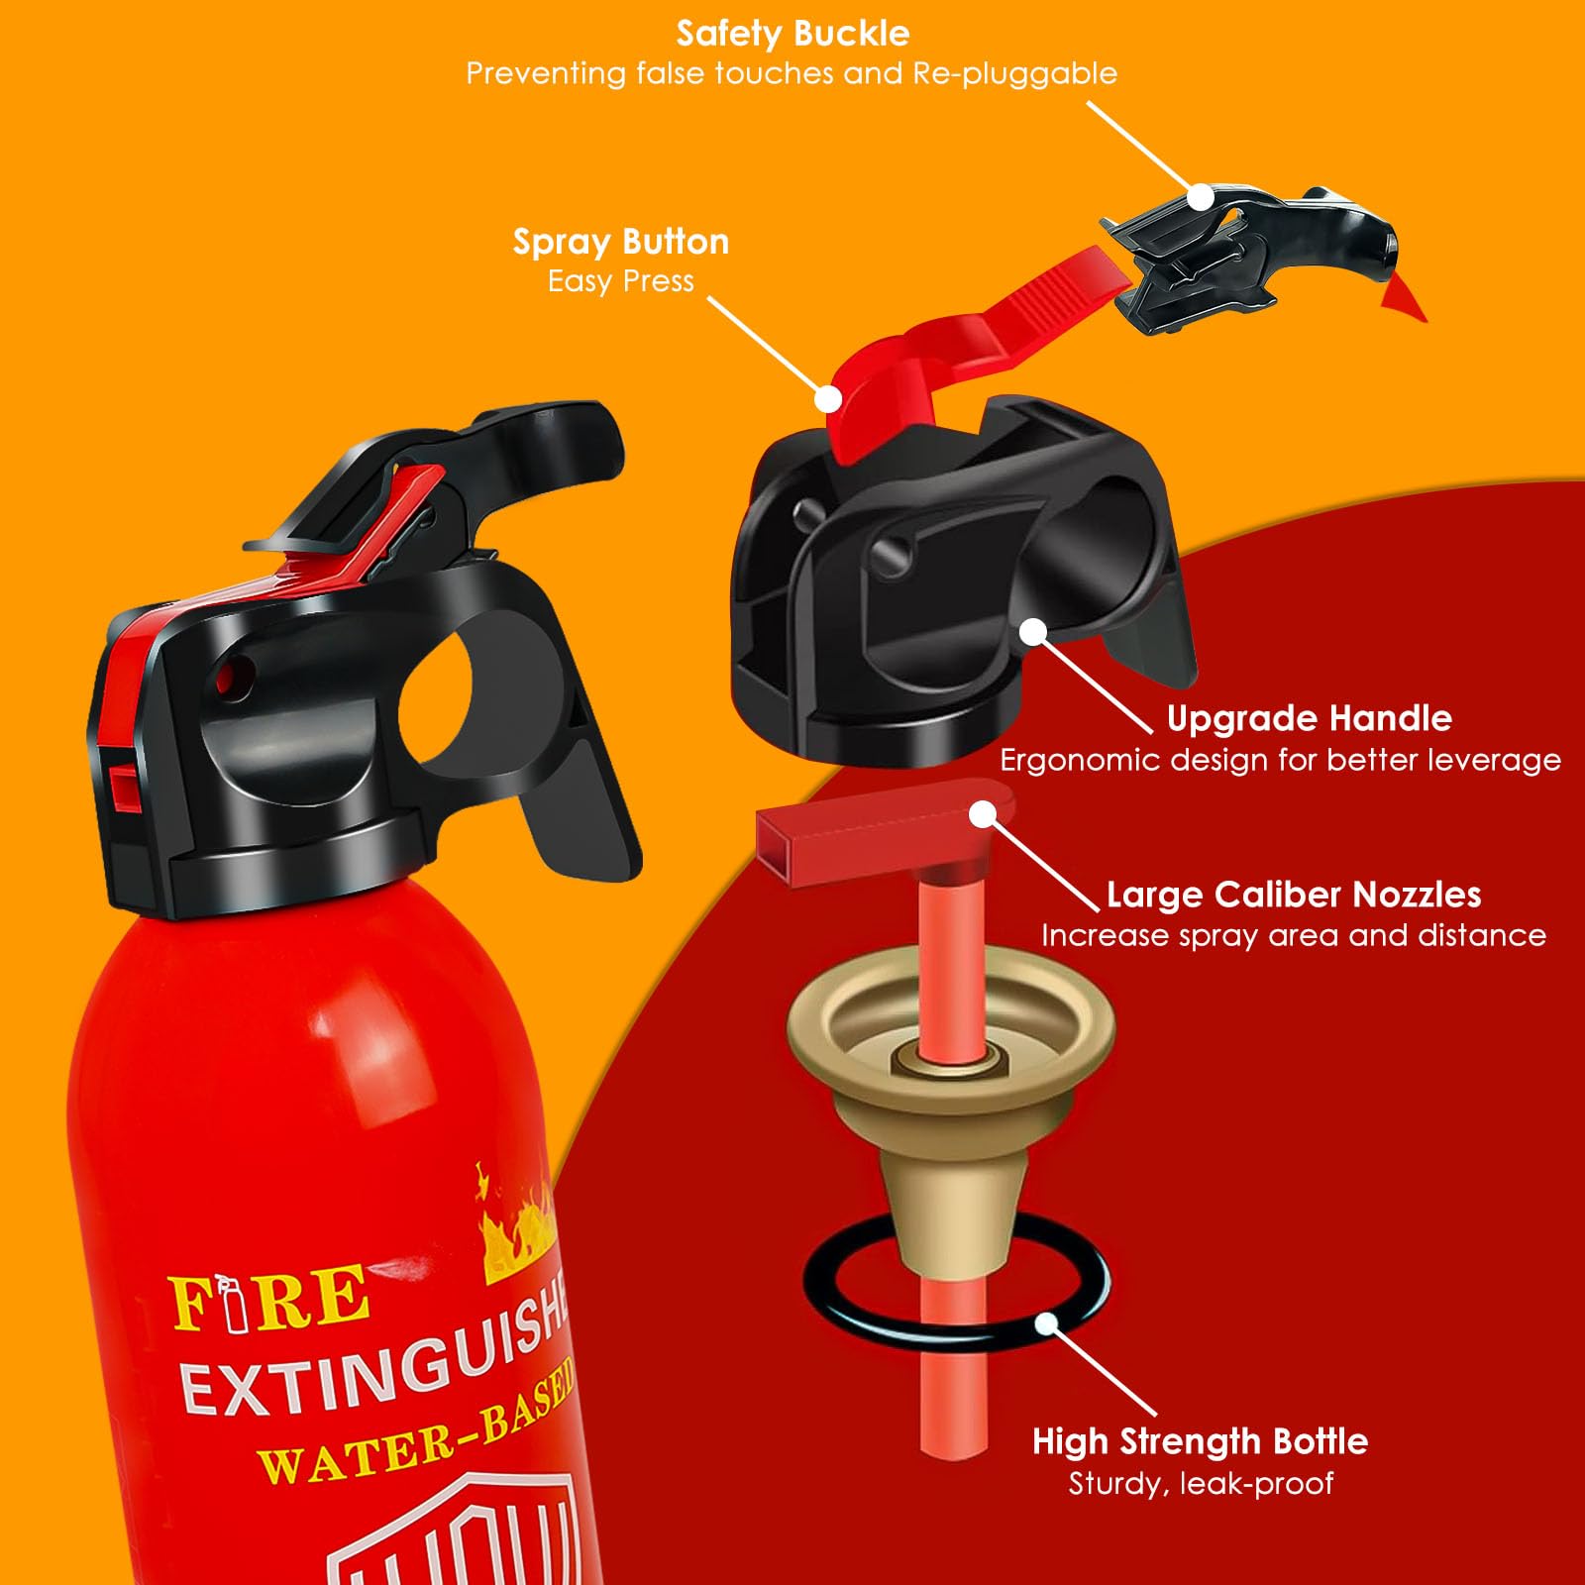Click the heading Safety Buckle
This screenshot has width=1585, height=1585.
click(792, 34)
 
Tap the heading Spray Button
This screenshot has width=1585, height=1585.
click(621, 242)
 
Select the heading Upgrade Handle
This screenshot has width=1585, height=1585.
click(1309, 718)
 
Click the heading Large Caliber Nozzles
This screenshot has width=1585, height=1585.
click(1293, 895)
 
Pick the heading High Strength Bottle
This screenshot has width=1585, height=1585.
click(1200, 1441)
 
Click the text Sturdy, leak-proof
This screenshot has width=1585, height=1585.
click(1200, 1483)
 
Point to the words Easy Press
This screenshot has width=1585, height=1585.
click(621, 281)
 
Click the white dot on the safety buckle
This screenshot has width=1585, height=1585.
click(1200, 197)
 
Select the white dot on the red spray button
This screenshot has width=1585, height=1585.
click(828, 398)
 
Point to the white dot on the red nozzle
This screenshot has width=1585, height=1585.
click(982, 814)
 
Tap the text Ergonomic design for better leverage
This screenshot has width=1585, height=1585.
click(1280, 760)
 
